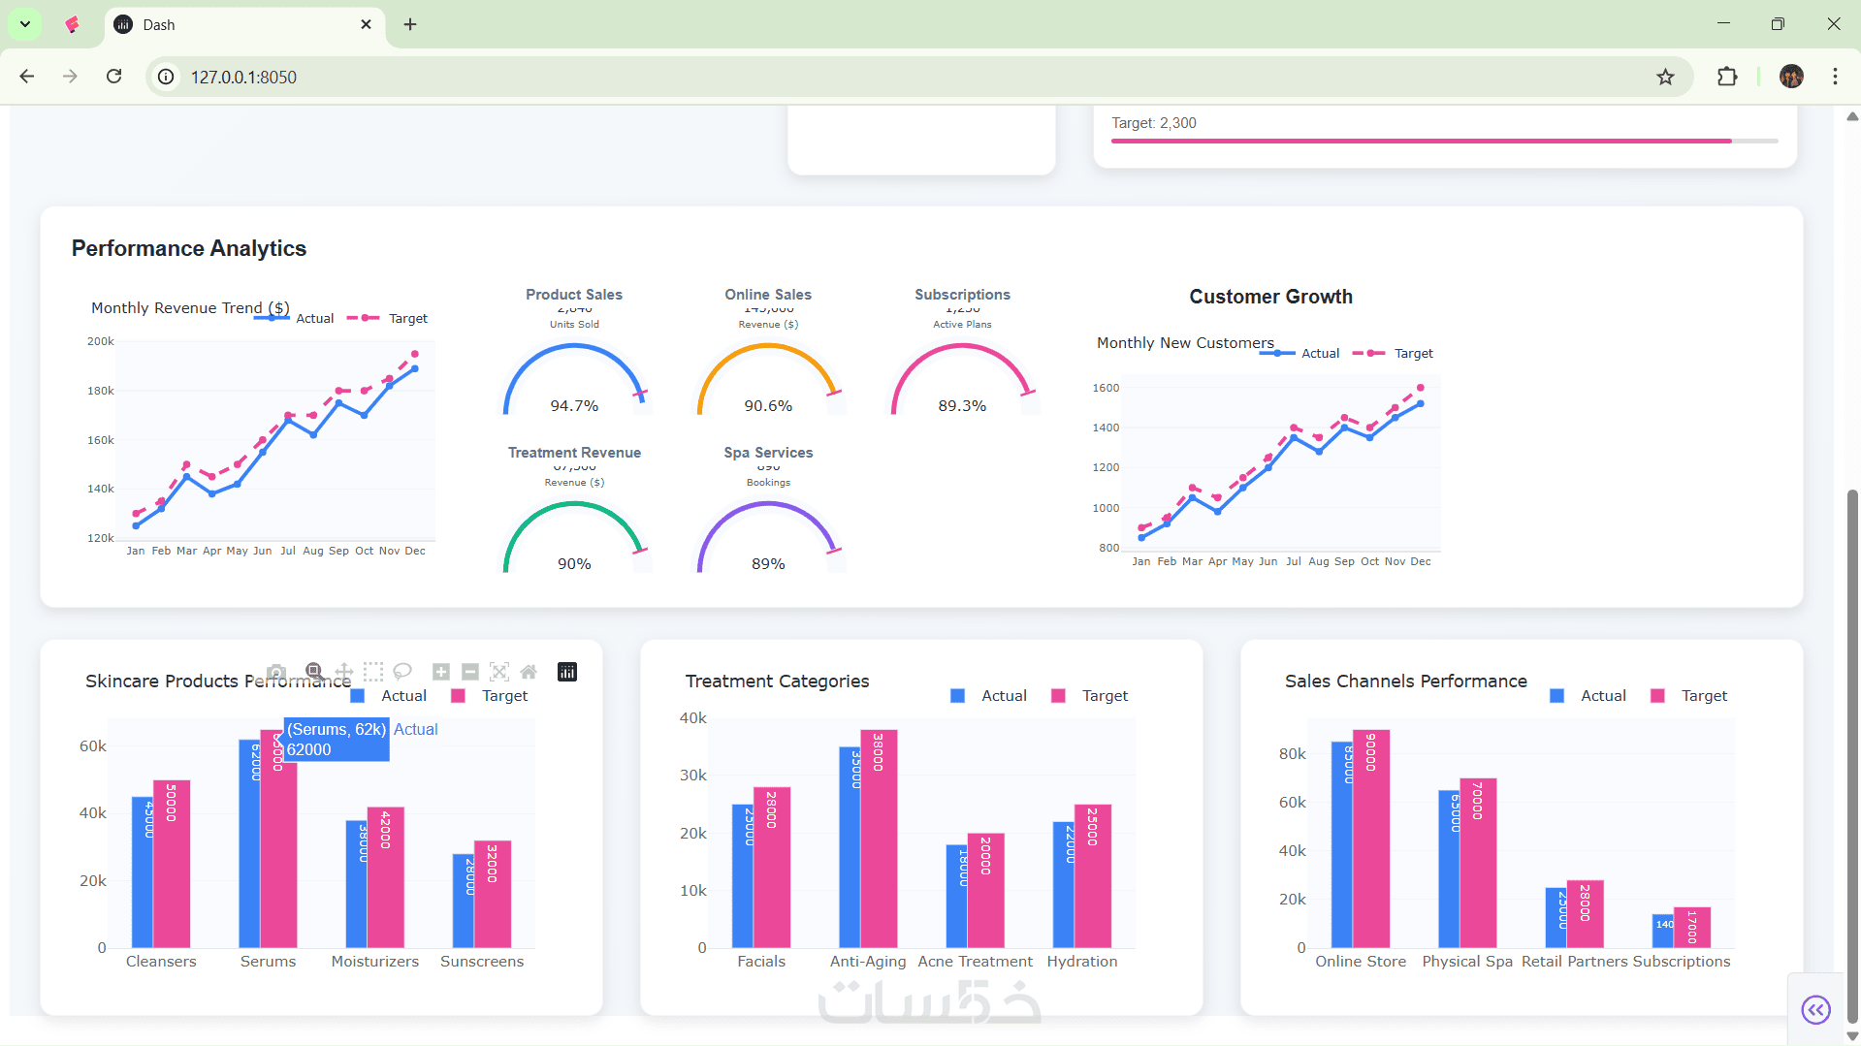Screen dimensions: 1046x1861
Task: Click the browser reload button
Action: (114, 77)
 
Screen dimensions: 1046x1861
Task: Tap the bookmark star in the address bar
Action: (1665, 77)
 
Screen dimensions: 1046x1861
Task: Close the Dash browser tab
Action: (366, 24)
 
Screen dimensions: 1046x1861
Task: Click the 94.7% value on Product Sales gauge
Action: (574, 405)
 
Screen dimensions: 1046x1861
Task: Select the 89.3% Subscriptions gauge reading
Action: (962, 405)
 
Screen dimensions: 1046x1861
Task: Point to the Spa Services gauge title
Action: (768, 453)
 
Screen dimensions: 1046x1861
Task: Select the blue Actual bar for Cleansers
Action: (142, 872)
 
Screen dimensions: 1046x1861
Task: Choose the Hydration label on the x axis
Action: (1082, 961)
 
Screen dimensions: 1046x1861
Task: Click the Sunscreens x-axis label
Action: (482, 961)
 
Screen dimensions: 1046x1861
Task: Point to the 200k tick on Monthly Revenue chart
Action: (101, 341)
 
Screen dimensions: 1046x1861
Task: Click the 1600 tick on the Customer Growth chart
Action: (1106, 388)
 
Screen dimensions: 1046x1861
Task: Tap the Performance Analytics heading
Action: (189, 248)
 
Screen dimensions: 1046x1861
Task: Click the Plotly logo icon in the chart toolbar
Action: (567, 672)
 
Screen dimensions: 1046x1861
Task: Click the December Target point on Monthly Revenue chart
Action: (415, 354)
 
